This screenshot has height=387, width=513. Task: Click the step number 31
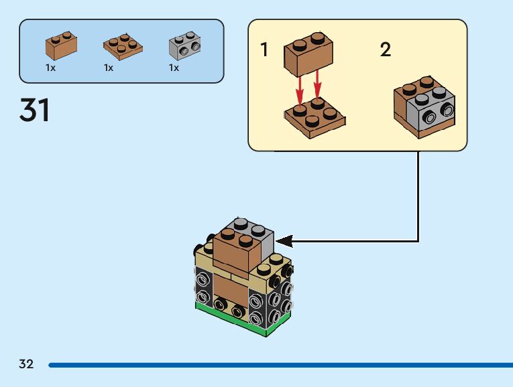35,110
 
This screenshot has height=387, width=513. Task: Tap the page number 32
26,365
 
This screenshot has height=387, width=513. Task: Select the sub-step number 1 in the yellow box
265,50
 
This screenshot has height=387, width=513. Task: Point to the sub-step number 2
386,50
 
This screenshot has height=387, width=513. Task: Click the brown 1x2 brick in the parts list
61,45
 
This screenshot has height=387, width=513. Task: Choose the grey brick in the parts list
184,45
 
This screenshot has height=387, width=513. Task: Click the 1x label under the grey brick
174,68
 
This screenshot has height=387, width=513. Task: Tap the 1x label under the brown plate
109,68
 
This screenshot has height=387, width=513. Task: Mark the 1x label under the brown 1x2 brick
50,68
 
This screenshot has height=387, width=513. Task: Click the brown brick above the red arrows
309,54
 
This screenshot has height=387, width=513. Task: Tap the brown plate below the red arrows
315,119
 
